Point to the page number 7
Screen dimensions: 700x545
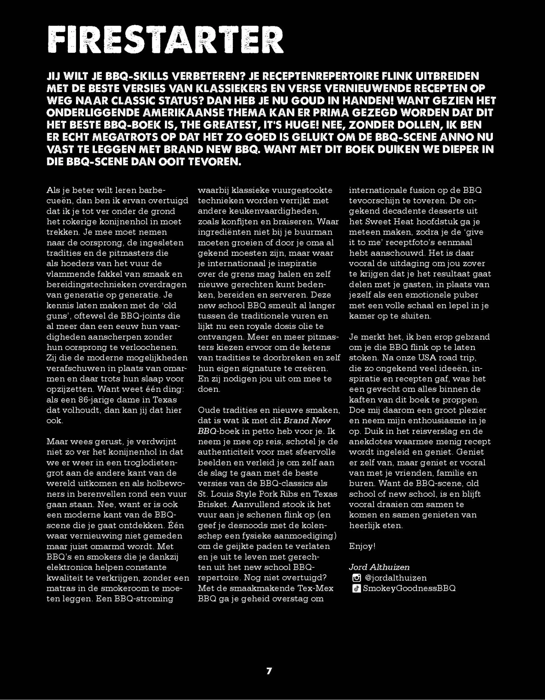click(269, 671)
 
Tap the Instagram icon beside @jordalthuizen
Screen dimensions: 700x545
click(356, 578)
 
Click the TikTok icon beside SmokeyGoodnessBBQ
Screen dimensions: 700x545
click(356, 588)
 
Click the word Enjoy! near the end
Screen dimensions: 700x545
click(362, 546)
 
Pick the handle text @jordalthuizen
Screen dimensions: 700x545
click(396, 578)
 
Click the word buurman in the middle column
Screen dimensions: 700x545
click(317, 232)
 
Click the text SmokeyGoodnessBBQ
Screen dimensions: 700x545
click(409, 588)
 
